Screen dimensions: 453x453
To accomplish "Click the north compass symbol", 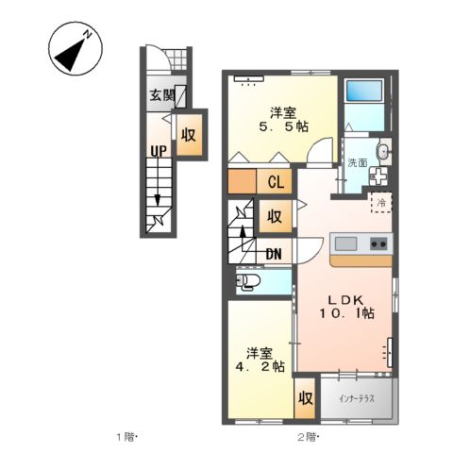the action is click(75, 48).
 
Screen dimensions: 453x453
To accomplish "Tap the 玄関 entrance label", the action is click(162, 95).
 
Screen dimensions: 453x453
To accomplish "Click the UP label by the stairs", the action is click(159, 151).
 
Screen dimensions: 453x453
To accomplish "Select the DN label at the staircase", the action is click(274, 254).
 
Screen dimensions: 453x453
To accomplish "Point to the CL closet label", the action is click(277, 181).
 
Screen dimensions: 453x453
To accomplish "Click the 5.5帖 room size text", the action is click(283, 126).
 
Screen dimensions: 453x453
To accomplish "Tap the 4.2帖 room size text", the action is click(260, 366).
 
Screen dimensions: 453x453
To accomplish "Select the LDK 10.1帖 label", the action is click(347, 307).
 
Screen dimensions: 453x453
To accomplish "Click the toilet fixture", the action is click(248, 280).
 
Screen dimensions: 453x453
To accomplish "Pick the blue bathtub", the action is click(364, 91).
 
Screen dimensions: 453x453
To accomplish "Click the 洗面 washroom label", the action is click(358, 162).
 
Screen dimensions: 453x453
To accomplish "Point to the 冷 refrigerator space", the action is click(381, 203).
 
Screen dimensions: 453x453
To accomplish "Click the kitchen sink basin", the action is click(345, 243).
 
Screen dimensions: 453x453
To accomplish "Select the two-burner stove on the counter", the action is click(378, 243).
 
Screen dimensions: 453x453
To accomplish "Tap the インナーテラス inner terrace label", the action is click(357, 399).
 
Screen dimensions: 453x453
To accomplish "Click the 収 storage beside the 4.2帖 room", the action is click(305, 398).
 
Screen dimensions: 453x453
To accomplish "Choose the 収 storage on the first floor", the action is click(189, 135).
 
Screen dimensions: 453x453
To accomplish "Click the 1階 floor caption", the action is click(126, 437).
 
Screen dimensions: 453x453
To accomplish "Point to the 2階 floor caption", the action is click(307, 437).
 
